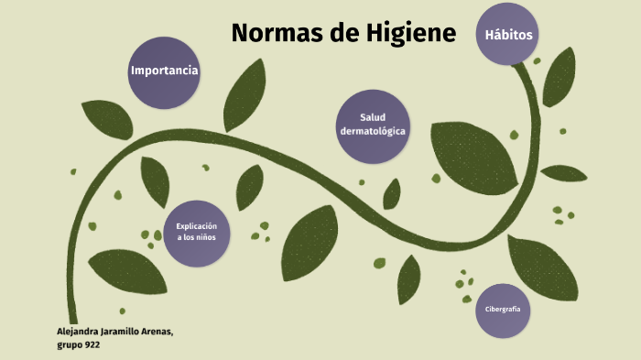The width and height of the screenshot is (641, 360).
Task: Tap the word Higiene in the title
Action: coord(412,34)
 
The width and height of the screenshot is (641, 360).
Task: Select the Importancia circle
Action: coord(165,72)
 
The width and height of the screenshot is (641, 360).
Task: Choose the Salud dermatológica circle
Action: coord(373,126)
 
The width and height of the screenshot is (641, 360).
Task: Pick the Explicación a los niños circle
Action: coord(197,233)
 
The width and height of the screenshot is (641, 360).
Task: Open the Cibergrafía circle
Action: coord(503,310)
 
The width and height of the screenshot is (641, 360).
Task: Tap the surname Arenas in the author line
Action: coord(154,332)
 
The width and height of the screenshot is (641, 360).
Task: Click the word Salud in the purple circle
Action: coord(373,118)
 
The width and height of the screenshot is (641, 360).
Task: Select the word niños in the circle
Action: coord(208,239)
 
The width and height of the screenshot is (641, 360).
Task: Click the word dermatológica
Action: coord(373,133)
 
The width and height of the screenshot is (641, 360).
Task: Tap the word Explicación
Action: coord(197,225)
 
